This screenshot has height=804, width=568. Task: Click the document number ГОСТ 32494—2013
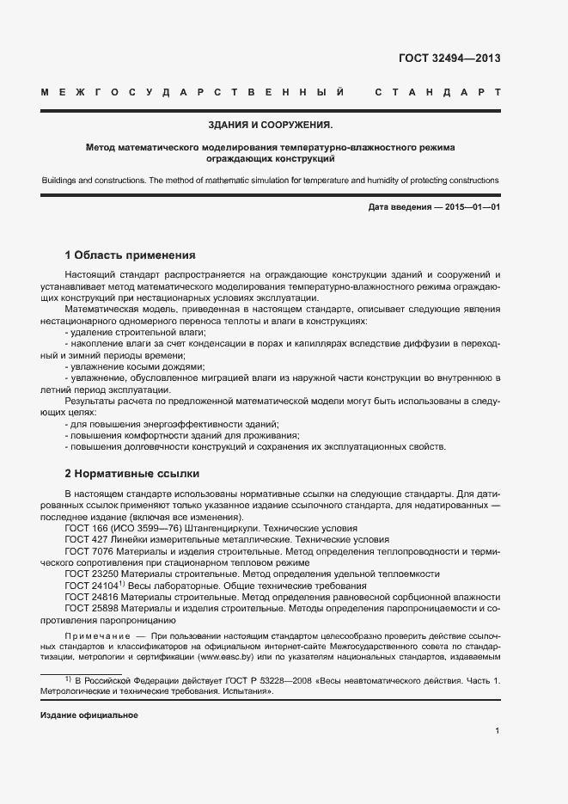[449, 59]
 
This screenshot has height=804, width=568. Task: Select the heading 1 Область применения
[131, 255]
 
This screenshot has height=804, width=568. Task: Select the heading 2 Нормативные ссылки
[132, 473]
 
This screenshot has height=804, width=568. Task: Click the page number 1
[498, 731]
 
